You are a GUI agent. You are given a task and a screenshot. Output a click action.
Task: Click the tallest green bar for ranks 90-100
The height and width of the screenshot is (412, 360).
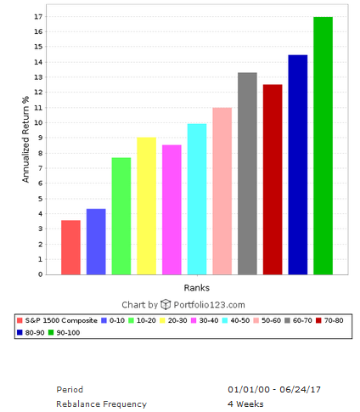point(323,145)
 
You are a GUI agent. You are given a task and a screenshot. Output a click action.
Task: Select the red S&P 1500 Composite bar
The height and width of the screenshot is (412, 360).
point(70,247)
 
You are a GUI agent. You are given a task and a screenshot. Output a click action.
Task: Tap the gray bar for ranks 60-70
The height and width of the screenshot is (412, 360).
point(247,173)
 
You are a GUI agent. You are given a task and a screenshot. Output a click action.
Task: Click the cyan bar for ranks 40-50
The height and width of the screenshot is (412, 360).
point(197,199)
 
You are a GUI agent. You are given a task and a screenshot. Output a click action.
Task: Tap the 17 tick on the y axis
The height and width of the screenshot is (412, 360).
point(38,17)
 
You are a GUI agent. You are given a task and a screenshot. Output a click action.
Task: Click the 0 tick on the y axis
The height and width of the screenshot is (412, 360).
point(40,274)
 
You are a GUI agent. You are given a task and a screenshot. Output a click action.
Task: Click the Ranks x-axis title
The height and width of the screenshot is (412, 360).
point(196,288)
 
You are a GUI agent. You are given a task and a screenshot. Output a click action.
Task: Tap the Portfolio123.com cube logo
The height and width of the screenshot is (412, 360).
point(166,304)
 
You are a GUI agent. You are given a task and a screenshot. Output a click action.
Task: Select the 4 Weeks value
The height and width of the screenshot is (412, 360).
point(246,404)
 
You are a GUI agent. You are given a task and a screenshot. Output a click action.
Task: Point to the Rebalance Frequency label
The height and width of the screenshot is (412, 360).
point(101,404)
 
